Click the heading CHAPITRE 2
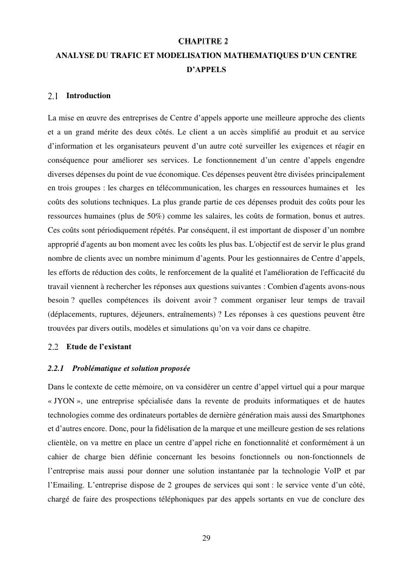(x=202, y=42)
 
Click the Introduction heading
(x=88, y=96)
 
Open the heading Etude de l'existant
(x=99, y=347)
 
